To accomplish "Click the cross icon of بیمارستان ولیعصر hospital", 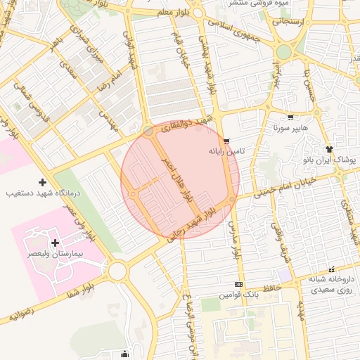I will pyautogui.click(x=54, y=242).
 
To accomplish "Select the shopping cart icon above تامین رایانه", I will pyautogui.click(x=226, y=141).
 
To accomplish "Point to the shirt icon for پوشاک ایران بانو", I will pyautogui.click(x=329, y=149).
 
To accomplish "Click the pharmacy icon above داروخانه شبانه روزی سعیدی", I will pyautogui.click(x=331, y=269).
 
